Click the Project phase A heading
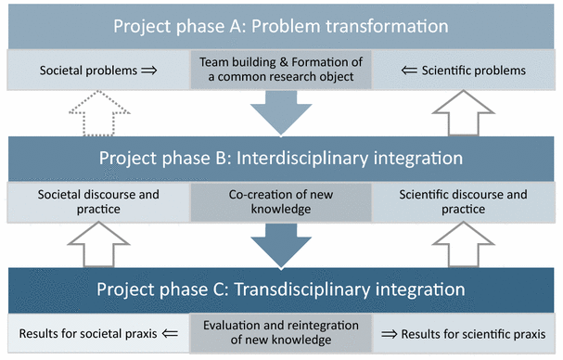click(280, 25)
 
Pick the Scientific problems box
click(468, 70)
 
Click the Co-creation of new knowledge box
click(280, 202)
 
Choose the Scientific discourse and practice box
click(468, 202)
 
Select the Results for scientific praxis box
click(468, 332)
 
